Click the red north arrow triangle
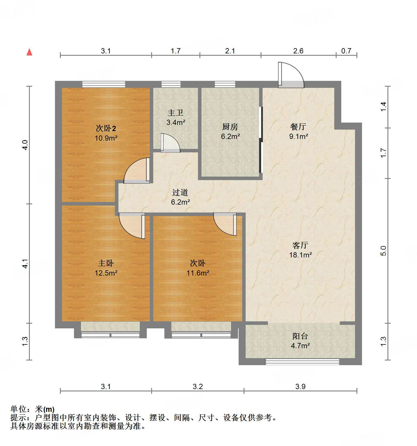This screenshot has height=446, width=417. coord(29,52)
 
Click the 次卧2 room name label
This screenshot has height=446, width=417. coord(106,128)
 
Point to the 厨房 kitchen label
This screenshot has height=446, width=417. coord(230,127)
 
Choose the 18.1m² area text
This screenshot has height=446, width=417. coord(300,255)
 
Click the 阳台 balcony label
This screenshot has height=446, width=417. coord(300,336)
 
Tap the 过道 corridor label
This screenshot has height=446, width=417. coord(180,192)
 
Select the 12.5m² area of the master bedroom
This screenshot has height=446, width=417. coord(106,273)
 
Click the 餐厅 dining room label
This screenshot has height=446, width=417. coord(298,127)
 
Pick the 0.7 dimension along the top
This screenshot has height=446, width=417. coord(346,51)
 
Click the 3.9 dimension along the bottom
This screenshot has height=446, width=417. coord(300,387)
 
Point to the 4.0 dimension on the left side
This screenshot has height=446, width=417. coord(25,145)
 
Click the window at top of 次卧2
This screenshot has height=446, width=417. coord(104,84)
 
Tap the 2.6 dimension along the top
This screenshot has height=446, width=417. coord(298,51)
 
